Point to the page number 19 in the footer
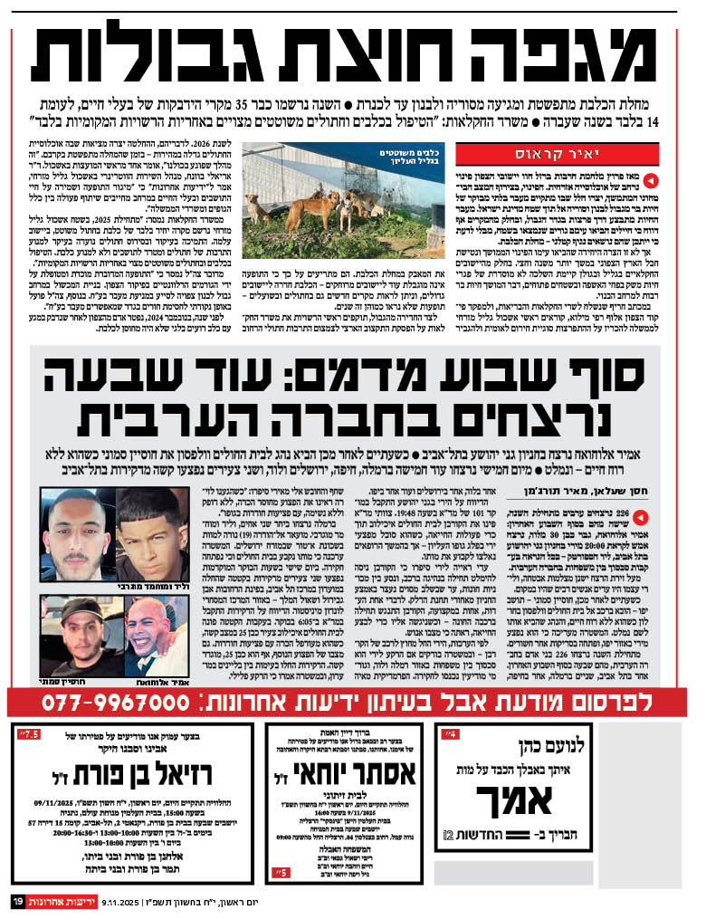17,903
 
